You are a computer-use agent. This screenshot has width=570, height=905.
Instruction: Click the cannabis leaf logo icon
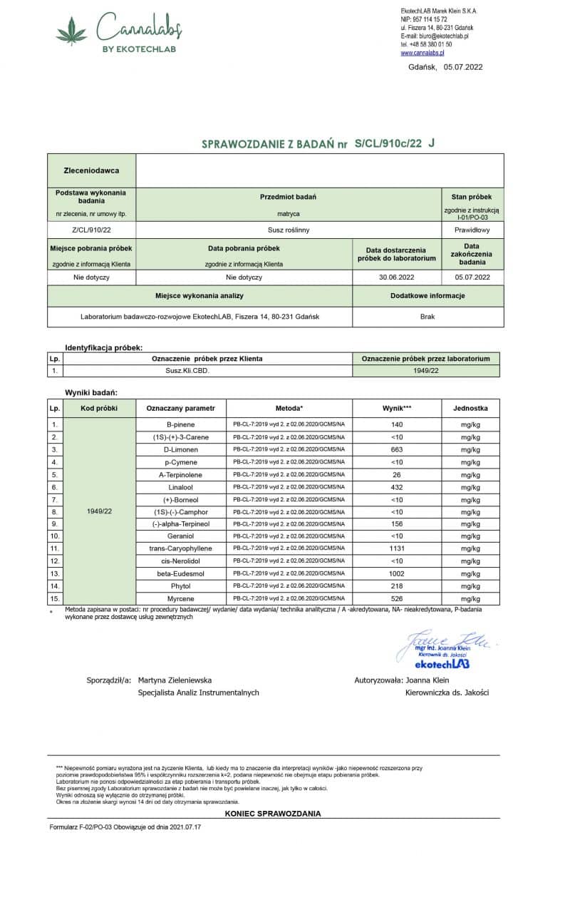pyautogui.click(x=71, y=32)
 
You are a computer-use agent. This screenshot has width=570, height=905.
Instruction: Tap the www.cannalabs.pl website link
pyautogui.click(x=423, y=53)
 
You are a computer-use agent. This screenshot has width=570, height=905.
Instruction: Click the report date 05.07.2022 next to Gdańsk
pyautogui.click(x=463, y=67)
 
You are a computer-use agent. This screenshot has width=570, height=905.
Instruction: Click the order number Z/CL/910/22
pyautogui.click(x=91, y=230)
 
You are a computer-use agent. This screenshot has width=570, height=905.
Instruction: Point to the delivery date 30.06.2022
pyautogui.click(x=396, y=277)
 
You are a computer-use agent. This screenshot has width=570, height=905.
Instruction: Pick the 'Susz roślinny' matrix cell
pyautogui.click(x=289, y=230)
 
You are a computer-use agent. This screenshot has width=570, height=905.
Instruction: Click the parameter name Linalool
pyautogui.click(x=181, y=487)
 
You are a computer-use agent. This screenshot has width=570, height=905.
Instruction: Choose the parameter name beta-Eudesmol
pyautogui.click(x=181, y=573)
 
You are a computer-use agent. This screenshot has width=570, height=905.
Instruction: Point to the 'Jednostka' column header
pyautogui.click(x=470, y=408)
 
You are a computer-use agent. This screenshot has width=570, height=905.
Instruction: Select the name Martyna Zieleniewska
pyautogui.click(x=175, y=680)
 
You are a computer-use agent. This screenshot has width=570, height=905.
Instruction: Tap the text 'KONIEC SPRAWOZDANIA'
pyautogui.click(x=273, y=814)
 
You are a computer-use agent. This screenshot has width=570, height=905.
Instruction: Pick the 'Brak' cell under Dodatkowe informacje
pyautogui.click(x=427, y=316)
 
